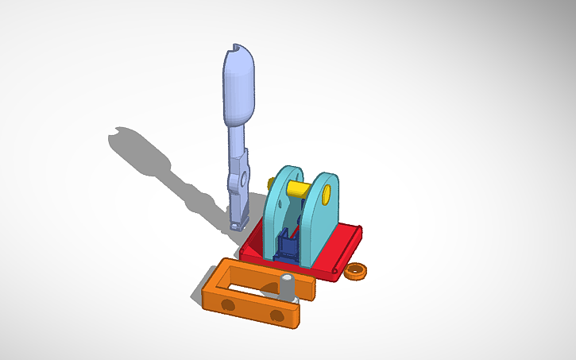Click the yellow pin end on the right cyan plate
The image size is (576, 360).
click(329, 192)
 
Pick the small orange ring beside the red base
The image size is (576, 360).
click(357, 271)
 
